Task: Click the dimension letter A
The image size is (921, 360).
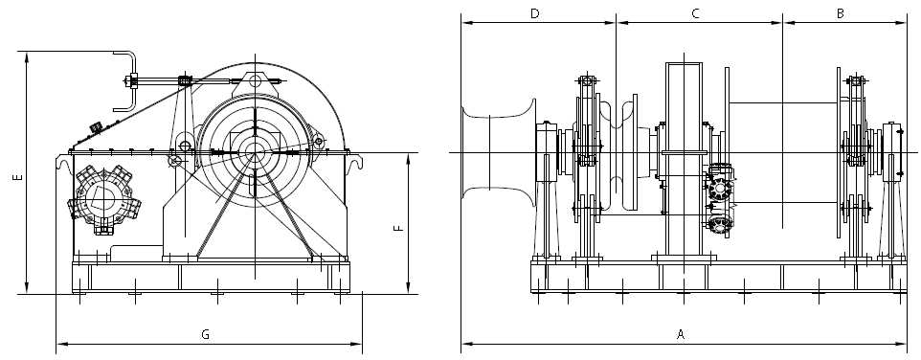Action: pos(681,334)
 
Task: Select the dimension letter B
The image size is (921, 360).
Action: pos(840,13)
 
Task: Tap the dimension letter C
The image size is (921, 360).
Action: pos(696,13)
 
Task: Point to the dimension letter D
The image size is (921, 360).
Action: pos(534,13)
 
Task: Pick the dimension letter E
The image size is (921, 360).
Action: pos(15,178)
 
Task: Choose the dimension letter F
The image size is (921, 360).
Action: pos(398,228)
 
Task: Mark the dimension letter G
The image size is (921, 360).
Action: pos(205,334)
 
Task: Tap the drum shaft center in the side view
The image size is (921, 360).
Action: pos(255,150)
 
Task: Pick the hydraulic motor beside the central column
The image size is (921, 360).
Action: pos(720,201)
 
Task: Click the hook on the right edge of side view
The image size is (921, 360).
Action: pos(356,164)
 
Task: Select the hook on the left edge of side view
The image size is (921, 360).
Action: pos(63,165)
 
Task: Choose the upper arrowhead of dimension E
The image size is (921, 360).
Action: pos(27,57)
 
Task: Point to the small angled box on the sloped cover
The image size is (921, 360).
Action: pos(96,126)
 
